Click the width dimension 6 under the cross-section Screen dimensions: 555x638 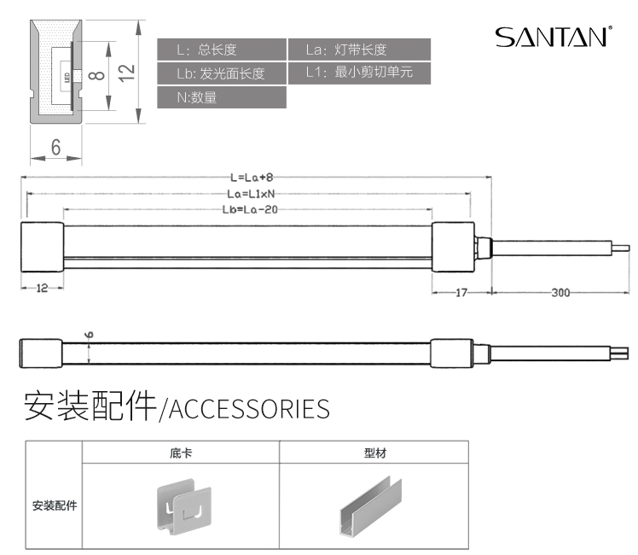click(x=55, y=147)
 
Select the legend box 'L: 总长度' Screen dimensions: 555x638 click(x=222, y=50)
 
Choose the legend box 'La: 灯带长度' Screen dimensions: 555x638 click(x=358, y=50)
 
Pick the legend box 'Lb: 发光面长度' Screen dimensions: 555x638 click(x=222, y=73)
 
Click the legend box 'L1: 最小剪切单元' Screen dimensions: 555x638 click(x=358, y=73)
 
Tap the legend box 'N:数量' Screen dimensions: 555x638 click(x=222, y=97)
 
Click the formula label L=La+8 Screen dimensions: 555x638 click(x=252, y=178)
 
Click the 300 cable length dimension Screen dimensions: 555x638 click(x=560, y=293)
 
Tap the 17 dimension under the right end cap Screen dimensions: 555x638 click(x=461, y=293)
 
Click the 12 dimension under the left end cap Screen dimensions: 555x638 click(x=41, y=289)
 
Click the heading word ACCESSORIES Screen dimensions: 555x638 click(x=249, y=408)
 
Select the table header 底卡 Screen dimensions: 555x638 click(x=180, y=453)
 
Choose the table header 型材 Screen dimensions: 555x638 click(x=374, y=453)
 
